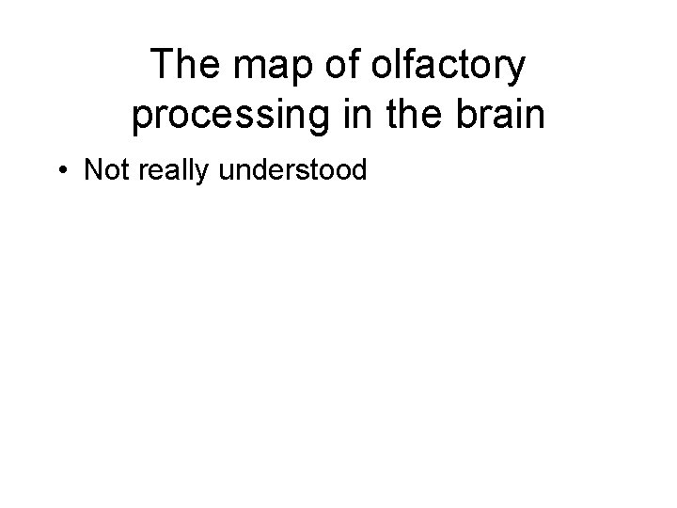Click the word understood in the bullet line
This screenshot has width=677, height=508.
[293, 170]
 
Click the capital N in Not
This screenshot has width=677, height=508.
[93, 170]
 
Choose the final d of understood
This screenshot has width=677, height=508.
[357, 170]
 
